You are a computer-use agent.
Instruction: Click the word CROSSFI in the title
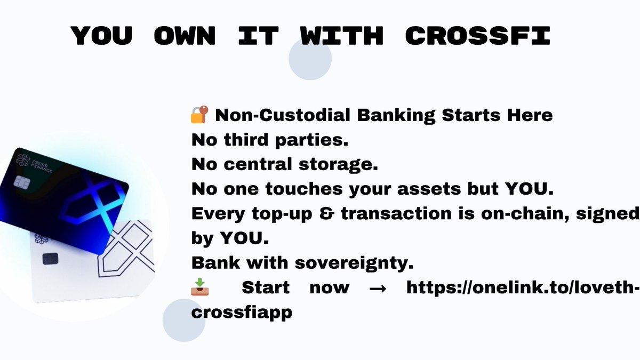click(478, 36)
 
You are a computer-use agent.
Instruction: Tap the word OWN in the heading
click(185, 36)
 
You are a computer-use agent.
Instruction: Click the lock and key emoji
click(199, 115)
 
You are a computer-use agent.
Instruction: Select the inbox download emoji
click(199, 286)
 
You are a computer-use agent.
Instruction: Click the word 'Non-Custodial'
click(283, 115)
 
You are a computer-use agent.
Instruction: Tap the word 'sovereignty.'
click(354, 263)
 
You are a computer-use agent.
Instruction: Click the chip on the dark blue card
click(20, 182)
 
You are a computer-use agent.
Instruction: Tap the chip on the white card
click(50, 259)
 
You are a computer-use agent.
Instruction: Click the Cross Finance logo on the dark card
click(23, 161)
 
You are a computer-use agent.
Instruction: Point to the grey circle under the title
click(310, 59)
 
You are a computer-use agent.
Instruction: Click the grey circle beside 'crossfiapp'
click(184, 321)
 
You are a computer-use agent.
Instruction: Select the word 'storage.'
click(338, 165)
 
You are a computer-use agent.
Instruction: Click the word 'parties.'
click(311, 140)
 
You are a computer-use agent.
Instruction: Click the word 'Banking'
click(396, 115)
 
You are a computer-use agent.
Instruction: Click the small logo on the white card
click(41, 239)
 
